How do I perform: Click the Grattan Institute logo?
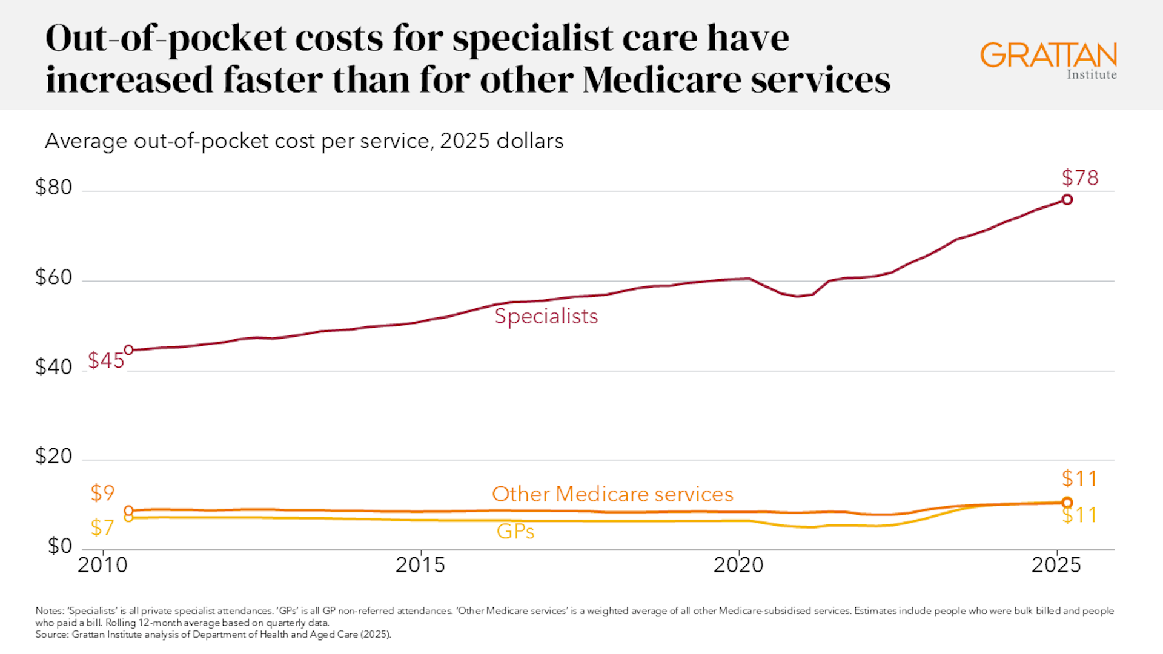point(1048,60)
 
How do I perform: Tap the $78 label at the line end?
point(1079,178)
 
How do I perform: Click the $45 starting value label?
point(105,361)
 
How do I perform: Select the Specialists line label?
point(546,316)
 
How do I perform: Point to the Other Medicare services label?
point(612,494)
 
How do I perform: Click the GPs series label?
point(515,532)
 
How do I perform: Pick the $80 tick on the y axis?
point(53,187)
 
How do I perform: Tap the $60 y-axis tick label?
point(53,277)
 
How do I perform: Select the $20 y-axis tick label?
point(53,456)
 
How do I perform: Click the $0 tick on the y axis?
point(59,546)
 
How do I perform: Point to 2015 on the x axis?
point(420,565)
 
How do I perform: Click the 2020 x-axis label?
point(738,565)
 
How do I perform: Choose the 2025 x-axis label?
point(1056,565)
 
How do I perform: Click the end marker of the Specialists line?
point(1067,200)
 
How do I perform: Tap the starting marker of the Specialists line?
point(128,350)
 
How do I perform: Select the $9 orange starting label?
point(102,493)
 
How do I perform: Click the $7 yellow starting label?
point(102,528)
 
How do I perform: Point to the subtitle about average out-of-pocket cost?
point(304,141)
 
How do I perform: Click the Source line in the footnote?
point(213,635)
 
